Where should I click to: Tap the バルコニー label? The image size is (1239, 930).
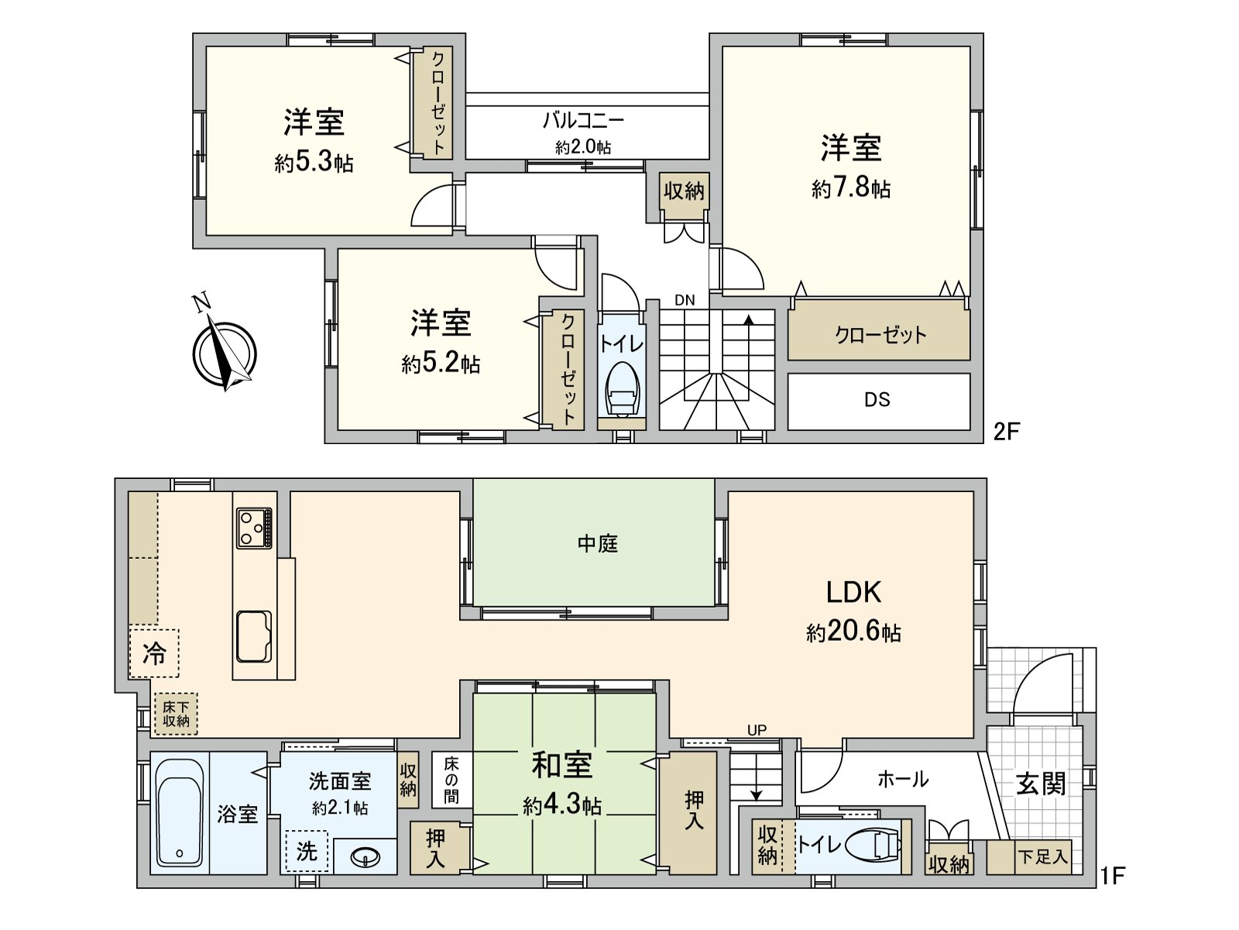tap(582, 120)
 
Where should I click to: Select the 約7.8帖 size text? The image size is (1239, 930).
tap(851, 188)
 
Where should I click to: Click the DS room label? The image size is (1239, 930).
tap(877, 400)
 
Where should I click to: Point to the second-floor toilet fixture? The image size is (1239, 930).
tap(623, 391)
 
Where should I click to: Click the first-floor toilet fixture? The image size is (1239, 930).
tap(875, 844)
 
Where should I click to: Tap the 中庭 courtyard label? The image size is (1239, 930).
tap(597, 543)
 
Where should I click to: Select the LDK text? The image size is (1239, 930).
tap(853, 592)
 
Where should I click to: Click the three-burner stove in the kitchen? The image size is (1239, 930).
tap(255, 529)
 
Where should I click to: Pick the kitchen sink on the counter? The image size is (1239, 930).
tap(254, 636)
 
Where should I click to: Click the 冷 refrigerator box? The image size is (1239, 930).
tap(154, 653)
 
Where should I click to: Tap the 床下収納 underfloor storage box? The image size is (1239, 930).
tap(176, 714)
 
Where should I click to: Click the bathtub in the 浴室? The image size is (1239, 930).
tap(180, 812)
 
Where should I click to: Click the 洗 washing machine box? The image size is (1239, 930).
tap(307, 852)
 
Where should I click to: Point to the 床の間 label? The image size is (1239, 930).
tap(451, 780)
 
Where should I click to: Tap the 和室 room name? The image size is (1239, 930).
tap(562, 766)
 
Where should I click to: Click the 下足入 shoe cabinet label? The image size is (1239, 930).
tap(1042, 857)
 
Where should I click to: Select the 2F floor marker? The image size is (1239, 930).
tap(1007, 432)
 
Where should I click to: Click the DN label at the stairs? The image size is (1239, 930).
tap(685, 300)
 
